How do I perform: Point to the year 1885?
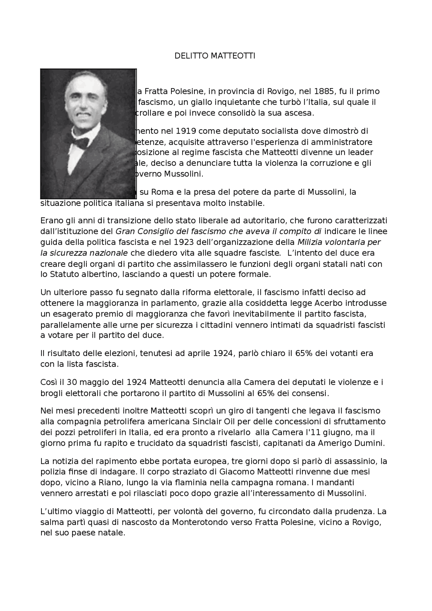pos(325,91)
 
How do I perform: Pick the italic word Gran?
pos(125,231)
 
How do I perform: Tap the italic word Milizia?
pos(310,242)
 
